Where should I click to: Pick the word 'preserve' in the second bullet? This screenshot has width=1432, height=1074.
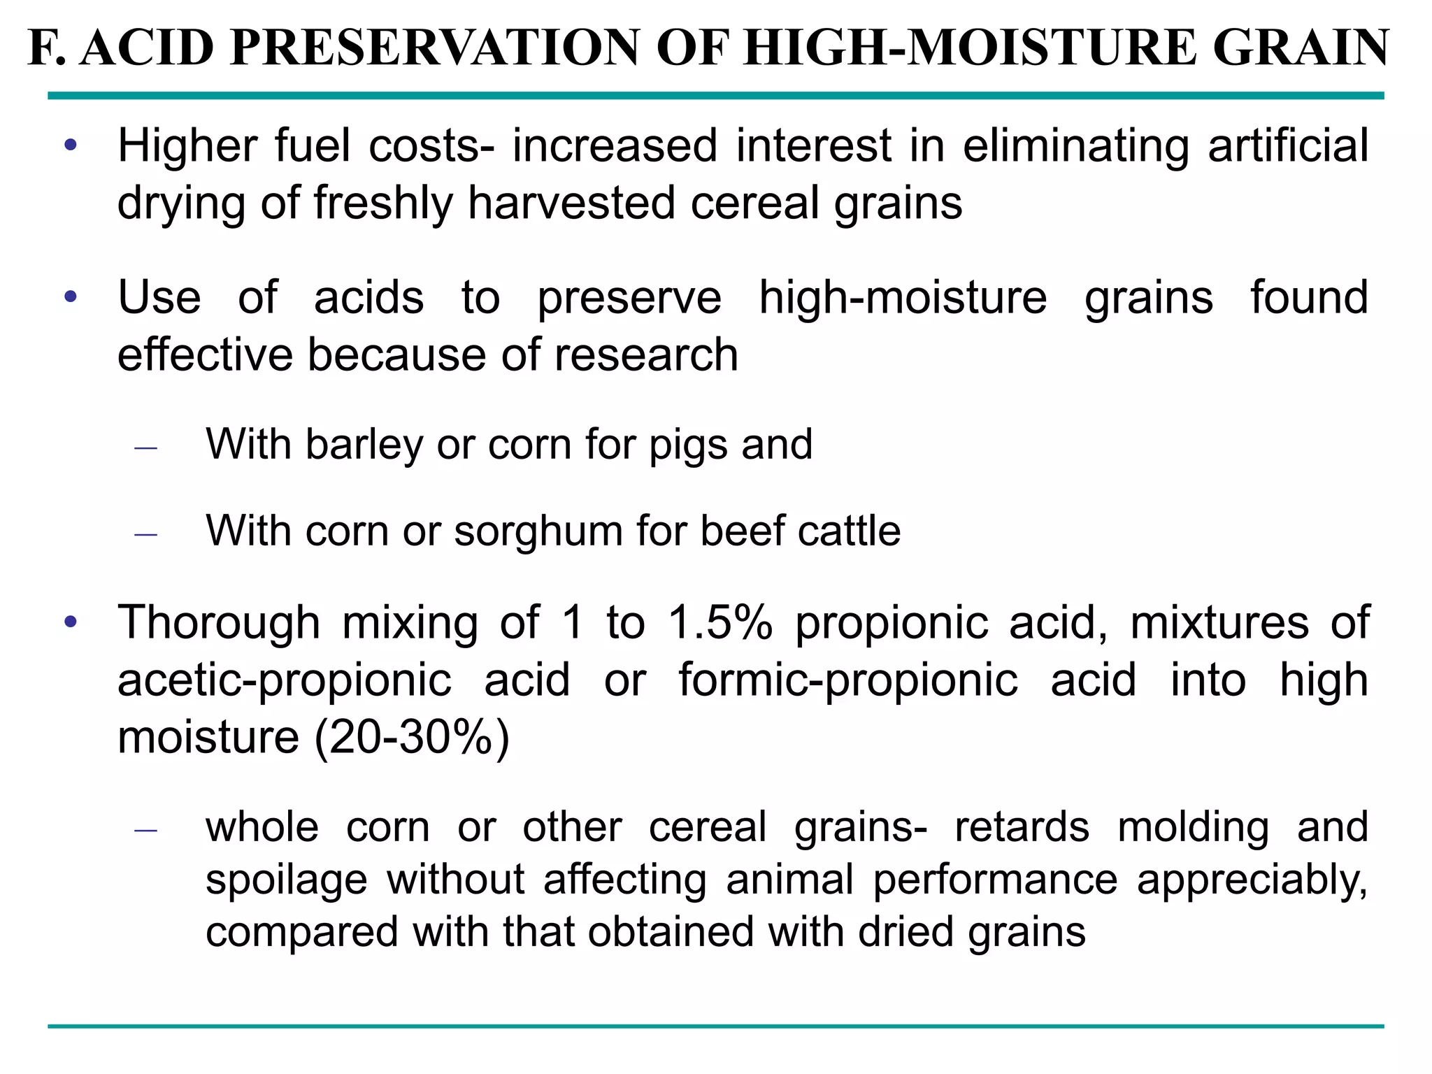tap(629, 298)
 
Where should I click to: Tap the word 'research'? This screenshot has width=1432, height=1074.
tap(646, 355)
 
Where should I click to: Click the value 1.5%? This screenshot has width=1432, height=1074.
tap(720, 622)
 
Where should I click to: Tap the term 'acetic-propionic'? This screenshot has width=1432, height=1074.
tap(285, 680)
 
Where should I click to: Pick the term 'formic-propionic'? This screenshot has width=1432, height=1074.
tap(848, 680)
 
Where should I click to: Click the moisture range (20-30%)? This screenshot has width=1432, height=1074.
tap(412, 737)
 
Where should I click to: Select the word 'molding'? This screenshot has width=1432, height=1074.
tap(1193, 827)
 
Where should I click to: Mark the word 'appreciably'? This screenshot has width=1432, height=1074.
tap(1252, 880)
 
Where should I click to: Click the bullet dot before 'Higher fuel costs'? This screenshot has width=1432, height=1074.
tap(70, 146)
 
